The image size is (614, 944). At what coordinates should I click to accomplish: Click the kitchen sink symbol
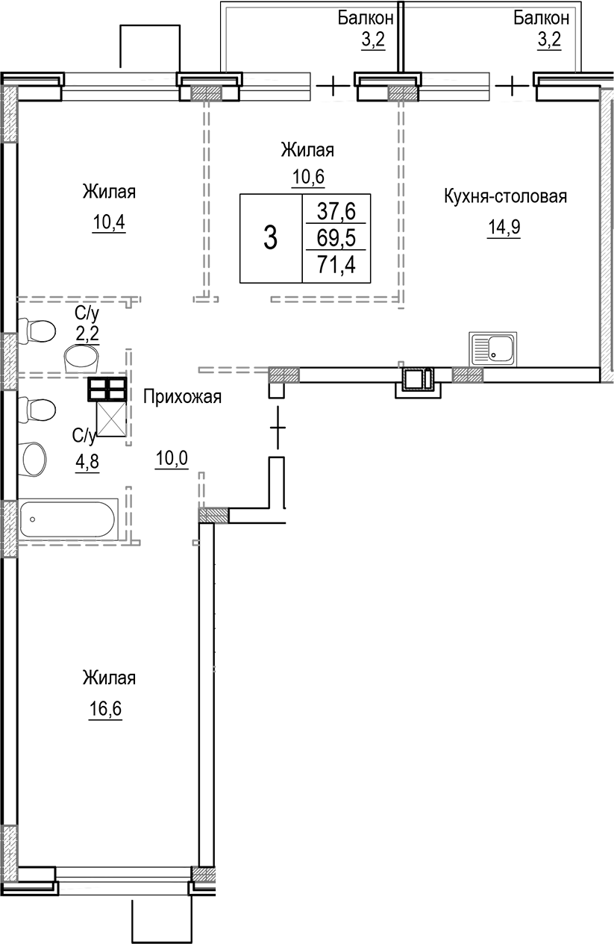(x=492, y=349)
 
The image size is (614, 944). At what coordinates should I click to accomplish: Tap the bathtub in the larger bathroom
(x=68, y=518)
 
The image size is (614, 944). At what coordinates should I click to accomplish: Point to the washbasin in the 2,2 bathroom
(x=81, y=359)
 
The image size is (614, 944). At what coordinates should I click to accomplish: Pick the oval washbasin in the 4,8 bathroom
(x=34, y=458)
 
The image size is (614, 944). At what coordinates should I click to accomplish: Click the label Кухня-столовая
(x=506, y=197)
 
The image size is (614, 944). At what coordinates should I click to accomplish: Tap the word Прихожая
(x=183, y=396)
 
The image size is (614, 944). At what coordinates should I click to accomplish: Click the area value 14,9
(x=503, y=227)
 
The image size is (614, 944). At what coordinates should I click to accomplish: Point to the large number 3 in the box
(x=270, y=239)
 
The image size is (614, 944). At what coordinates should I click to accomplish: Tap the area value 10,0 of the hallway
(x=172, y=458)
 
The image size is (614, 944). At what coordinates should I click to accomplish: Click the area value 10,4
(x=108, y=222)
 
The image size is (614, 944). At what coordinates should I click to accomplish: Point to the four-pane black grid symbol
(x=107, y=389)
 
